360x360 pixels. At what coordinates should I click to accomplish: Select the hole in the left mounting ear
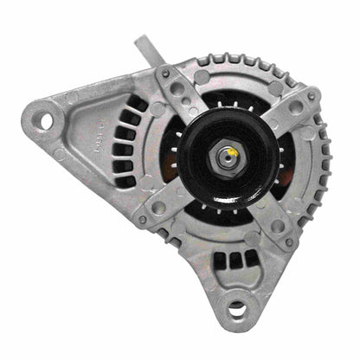(42, 119)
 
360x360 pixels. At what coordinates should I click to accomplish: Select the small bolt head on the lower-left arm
(143, 219)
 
